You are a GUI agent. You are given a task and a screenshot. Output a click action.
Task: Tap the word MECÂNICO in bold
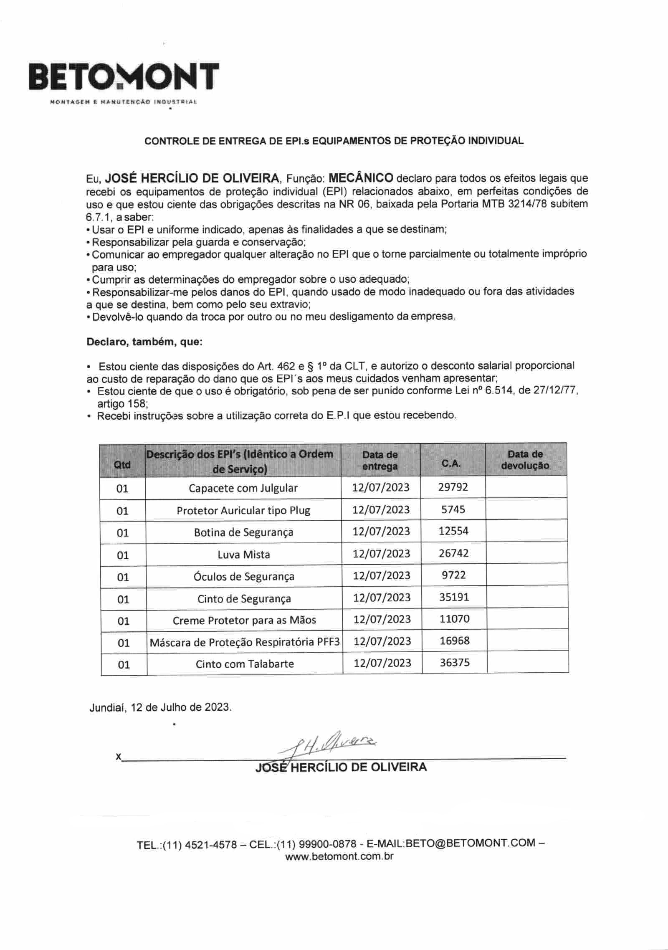tap(361, 178)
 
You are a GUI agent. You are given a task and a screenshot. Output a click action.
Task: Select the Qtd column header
tap(122, 464)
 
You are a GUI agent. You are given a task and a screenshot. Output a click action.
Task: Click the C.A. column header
tap(452, 463)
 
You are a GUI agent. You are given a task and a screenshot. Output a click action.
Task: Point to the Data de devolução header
tap(525, 460)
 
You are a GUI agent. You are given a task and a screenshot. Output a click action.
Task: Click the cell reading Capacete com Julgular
tap(243, 488)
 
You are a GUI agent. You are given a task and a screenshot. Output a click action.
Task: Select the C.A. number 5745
tap(453, 509)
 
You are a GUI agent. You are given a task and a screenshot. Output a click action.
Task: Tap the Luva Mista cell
tap(244, 555)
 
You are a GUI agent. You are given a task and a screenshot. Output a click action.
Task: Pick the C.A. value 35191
tap(454, 597)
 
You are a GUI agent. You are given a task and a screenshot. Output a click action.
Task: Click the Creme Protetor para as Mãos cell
tap(244, 620)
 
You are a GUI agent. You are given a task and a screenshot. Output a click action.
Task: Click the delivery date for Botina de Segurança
tap(381, 531)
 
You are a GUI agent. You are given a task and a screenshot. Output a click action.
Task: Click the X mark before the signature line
tap(119, 756)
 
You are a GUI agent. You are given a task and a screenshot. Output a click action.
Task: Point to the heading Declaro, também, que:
tap(144, 342)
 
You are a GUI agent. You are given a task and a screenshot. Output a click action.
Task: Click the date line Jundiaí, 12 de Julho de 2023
tap(160, 707)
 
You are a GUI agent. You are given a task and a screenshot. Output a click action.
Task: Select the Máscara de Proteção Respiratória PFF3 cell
tap(245, 642)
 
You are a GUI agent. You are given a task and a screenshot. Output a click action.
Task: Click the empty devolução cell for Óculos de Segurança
tap(527, 575)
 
